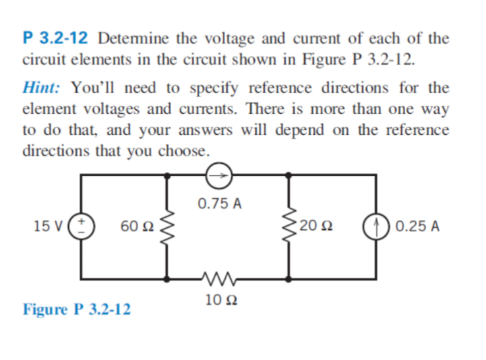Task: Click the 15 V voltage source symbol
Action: [x=82, y=225]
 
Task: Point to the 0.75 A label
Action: [x=220, y=203]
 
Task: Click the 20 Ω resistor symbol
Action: [x=289, y=225]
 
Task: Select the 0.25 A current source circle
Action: [x=375, y=225]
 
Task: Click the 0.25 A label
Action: [x=419, y=225]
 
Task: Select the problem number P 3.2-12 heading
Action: [x=57, y=38]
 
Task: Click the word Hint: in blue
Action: [x=44, y=88]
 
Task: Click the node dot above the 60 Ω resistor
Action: [x=167, y=175]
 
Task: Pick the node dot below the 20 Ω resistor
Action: [x=289, y=276]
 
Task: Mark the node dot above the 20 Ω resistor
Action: [x=289, y=175]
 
